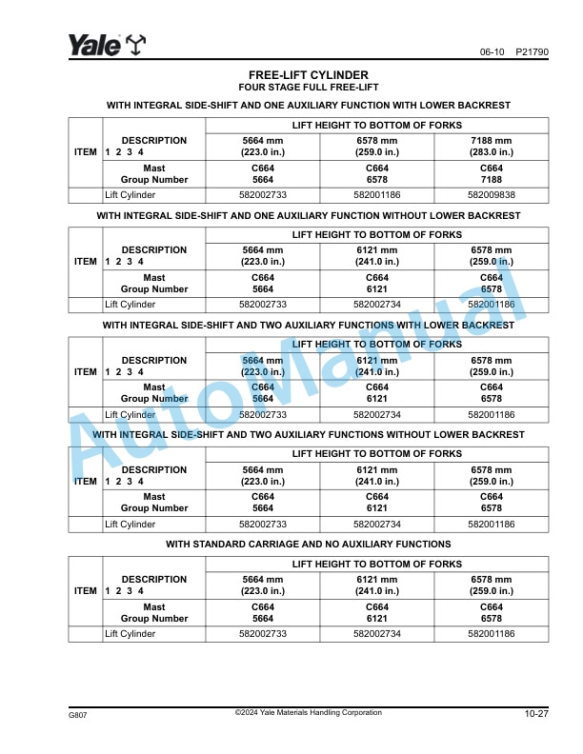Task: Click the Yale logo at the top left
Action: [x=106, y=45]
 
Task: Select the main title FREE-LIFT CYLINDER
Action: [x=308, y=75]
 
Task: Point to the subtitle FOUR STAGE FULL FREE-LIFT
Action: [x=308, y=87]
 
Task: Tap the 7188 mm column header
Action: [x=492, y=146]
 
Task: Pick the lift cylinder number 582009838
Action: [x=492, y=195]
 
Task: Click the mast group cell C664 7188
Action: [x=492, y=173]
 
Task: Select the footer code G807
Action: [x=77, y=714]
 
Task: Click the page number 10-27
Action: [x=535, y=714]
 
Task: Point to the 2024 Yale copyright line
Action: [x=308, y=712]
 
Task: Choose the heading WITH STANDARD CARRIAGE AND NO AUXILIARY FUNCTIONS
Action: [x=308, y=545]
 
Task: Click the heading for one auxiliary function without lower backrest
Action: [x=308, y=216]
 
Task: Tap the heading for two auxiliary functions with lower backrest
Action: [x=308, y=326]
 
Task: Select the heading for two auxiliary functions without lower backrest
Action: [x=308, y=435]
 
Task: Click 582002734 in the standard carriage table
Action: [x=377, y=634]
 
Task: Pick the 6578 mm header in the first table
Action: [x=377, y=146]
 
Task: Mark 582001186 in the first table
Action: [x=377, y=195]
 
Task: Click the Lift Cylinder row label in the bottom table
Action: [x=131, y=634]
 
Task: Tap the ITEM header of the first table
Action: [x=86, y=152]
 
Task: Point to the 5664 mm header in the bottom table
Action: [x=263, y=585]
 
